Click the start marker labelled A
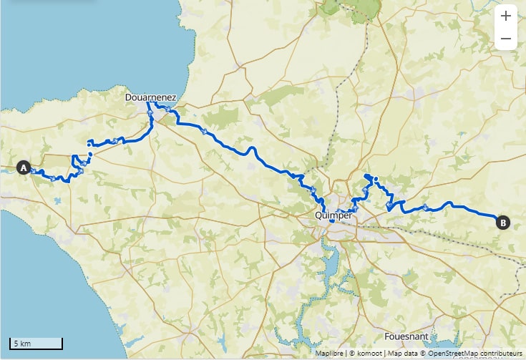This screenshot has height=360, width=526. click(23, 168)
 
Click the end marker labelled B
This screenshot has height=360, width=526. click(503, 223)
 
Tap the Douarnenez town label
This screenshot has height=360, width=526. click(152, 95)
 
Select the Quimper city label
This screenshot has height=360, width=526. click(333, 214)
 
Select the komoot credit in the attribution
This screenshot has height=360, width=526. click(366, 354)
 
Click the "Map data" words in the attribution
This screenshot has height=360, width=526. click(402, 354)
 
